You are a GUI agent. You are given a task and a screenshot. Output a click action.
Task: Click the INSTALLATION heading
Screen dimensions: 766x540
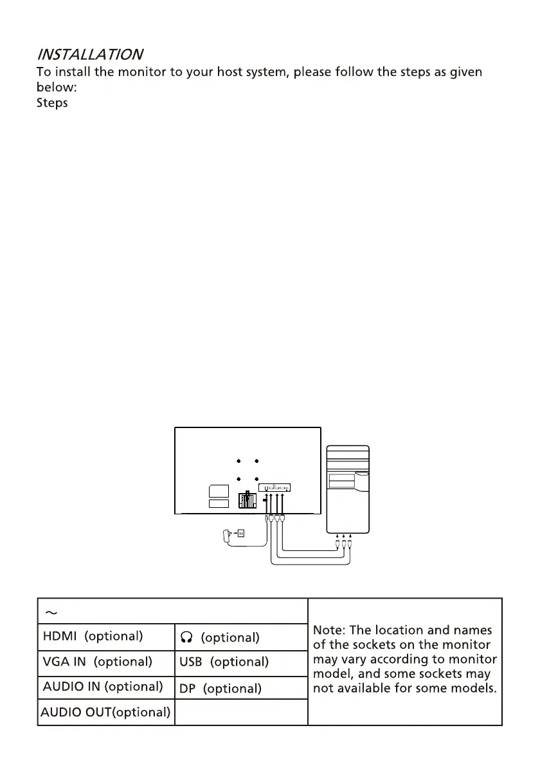point(89,54)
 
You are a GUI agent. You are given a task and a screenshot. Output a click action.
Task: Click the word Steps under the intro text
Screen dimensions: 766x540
point(52,104)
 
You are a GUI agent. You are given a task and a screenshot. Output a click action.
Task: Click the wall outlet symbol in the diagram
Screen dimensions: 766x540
point(242,532)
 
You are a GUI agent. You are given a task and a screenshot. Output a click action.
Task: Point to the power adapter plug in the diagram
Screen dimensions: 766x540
point(226,534)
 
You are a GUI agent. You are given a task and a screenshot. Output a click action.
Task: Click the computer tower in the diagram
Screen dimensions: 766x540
point(347,489)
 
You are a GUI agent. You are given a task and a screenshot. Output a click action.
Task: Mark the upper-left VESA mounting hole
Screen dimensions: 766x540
point(238,462)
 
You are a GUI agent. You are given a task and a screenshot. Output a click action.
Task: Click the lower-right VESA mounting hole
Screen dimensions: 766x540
point(256,478)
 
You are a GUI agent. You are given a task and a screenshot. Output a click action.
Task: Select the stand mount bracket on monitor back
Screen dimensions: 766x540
point(247,501)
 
